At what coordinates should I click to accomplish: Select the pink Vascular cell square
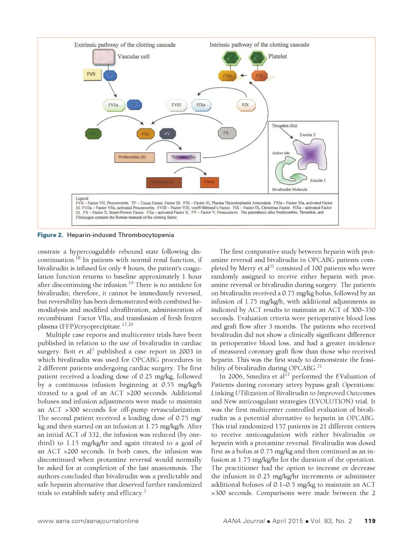(x=103, y=58)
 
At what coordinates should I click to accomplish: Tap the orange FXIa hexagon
(x=227, y=76)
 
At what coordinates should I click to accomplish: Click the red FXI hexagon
(x=259, y=76)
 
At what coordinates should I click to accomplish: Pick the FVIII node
(x=176, y=105)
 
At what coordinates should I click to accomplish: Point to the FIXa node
(x=201, y=105)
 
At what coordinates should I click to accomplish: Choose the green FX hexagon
(x=93, y=134)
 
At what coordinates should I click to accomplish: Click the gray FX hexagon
(x=226, y=133)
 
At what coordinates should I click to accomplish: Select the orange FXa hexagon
(x=145, y=134)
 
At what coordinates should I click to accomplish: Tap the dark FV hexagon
(x=167, y=134)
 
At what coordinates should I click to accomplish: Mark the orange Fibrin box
(x=209, y=182)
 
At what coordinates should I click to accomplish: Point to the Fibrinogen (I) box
(x=164, y=182)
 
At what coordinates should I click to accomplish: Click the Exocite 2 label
(x=308, y=135)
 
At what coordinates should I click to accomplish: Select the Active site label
(x=281, y=153)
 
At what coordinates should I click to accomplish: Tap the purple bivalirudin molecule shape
(x=311, y=154)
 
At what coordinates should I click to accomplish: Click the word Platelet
(x=278, y=56)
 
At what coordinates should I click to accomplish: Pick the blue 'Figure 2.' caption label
(x=50, y=235)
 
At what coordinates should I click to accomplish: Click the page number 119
(x=370, y=521)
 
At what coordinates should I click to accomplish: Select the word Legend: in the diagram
(x=82, y=198)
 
